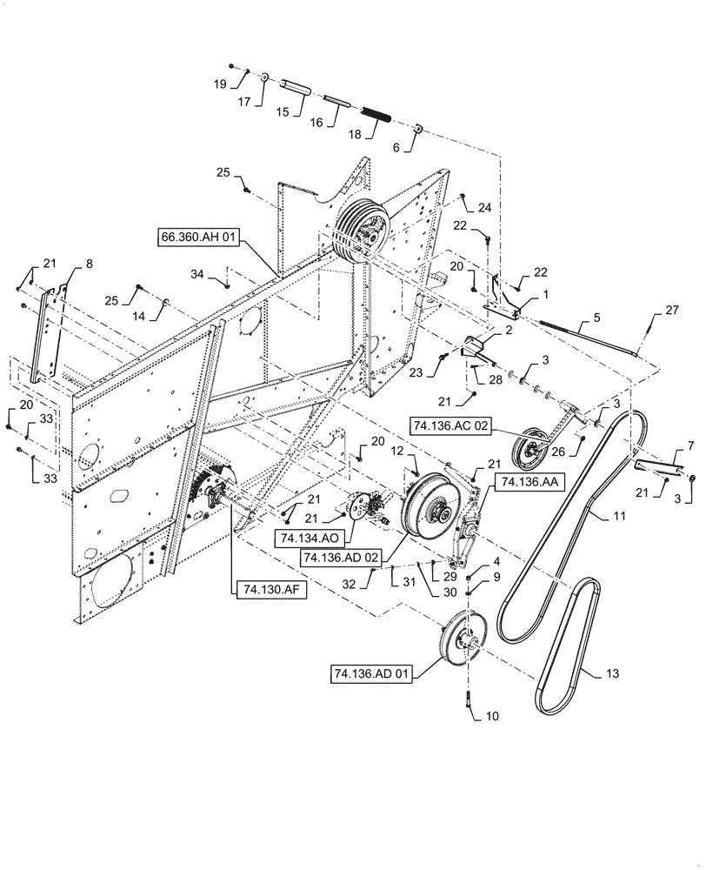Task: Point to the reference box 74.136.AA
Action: pos(524,481)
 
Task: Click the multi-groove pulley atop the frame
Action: pos(359,231)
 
